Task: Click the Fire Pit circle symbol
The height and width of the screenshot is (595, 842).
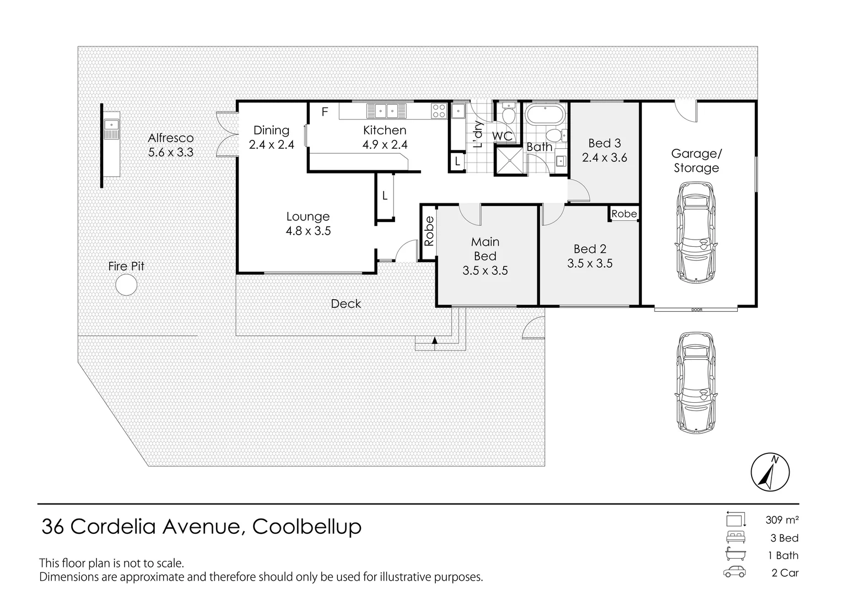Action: pos(126,285)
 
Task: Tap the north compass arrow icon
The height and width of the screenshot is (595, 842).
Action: pos(770,473)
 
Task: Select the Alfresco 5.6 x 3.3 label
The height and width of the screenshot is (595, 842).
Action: pos(171,145)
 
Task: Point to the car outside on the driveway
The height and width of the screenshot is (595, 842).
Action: pos(696,382)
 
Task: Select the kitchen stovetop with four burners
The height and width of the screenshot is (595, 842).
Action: pos(439,111)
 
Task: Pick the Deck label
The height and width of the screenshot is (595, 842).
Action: pos(346,304)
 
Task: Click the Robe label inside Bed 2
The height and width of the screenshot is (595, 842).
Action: pos(624,214)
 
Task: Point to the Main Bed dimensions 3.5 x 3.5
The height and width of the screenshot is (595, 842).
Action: pos(485,271)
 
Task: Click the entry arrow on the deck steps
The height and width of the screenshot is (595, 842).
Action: pos(435,340)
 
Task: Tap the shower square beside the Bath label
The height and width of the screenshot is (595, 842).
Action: pos(508,160)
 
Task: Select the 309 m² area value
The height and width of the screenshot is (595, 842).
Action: pos(782,520)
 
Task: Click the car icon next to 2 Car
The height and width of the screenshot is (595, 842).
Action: pos(735,572)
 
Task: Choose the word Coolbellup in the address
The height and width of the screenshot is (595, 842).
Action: pos(307,526)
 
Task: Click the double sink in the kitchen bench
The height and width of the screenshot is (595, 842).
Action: pos(386,111)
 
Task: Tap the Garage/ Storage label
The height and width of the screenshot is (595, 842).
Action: pos(696,161)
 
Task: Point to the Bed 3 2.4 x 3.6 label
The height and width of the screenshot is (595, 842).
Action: pos(604,150)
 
